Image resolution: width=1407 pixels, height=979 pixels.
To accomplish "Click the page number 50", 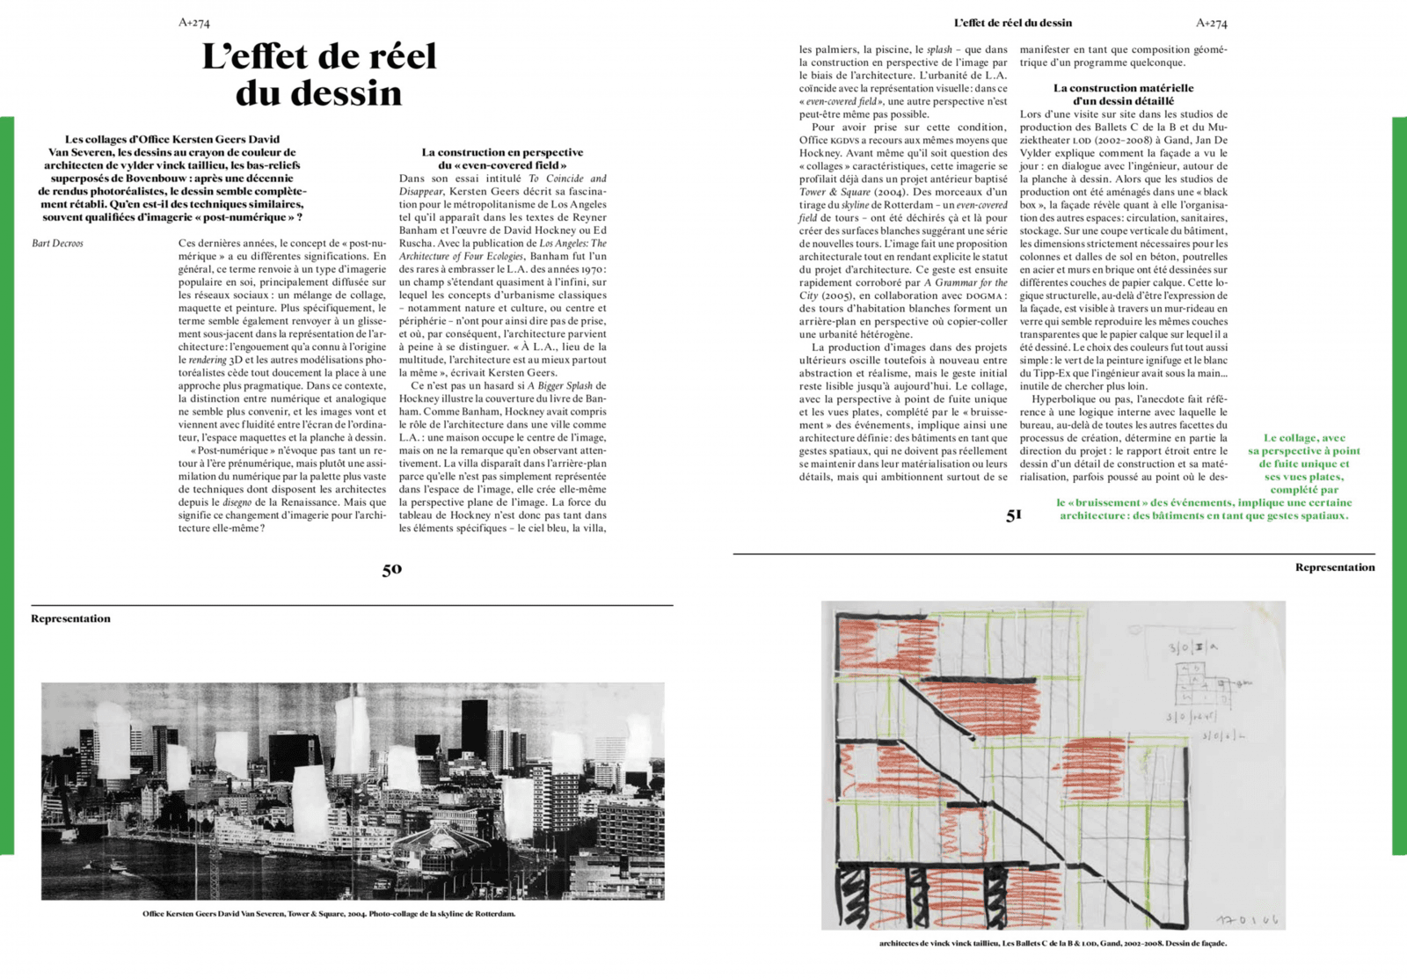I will click(391, 570).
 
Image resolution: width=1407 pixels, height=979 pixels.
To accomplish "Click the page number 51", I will click(1014, 515).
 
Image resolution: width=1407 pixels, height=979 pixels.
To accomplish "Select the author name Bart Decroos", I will click(58, 244).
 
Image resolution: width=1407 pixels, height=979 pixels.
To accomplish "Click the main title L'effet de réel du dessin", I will click(319, 75).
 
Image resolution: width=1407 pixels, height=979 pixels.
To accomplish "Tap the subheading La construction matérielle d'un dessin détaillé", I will click(1123, 94).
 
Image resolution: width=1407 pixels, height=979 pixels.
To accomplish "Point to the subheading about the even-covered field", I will click(502, 158).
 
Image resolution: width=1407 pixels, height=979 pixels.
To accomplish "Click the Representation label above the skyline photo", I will click(70, 618).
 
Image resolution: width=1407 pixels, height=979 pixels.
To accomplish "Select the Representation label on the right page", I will click(1334, 567).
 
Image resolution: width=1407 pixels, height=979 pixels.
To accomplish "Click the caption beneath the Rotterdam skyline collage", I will click(329, 914).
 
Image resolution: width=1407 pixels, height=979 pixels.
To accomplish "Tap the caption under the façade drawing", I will click(1053, 944).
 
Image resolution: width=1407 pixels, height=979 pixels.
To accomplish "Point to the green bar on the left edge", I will click(6, 484).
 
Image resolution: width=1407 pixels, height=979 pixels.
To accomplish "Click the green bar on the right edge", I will click(1399, 484).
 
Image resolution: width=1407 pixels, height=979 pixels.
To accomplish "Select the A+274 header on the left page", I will click(193, 23).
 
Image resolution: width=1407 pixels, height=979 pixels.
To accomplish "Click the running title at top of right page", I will click(1012, 23).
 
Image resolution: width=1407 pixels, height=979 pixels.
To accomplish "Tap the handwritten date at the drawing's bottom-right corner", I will click(1247, 919).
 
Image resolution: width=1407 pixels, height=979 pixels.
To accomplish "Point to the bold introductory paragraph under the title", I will click(172, 178).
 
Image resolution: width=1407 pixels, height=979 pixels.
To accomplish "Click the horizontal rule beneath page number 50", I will click(352, 605).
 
